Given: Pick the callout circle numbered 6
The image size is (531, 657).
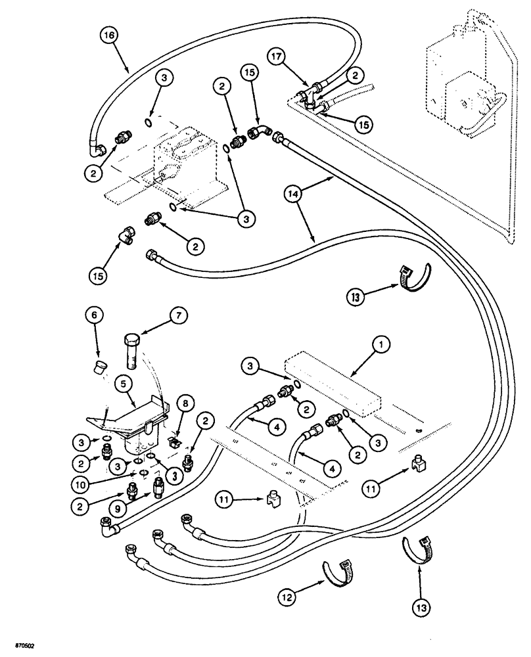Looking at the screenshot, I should pyautogui.click(x=94, y=315).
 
